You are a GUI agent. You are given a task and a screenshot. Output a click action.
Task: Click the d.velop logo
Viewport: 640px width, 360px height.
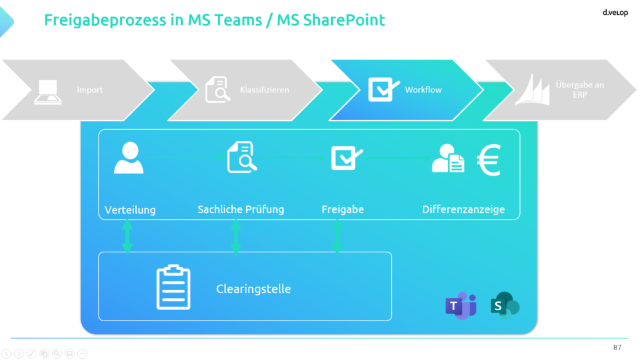click(x=615, y=13)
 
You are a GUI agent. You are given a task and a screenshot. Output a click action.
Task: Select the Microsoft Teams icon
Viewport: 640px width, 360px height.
click(x=461, y=305)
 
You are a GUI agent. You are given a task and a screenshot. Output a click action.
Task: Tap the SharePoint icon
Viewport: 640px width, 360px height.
click(x=505, y=305)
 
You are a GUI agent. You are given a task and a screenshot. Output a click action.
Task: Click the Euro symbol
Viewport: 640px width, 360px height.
click(x=489, y=159)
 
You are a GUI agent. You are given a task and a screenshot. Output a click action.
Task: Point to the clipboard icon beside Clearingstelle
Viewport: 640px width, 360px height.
click(x=174, y=287)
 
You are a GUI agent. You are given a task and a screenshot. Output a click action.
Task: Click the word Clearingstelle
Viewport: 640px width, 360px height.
click(x=254, y=289)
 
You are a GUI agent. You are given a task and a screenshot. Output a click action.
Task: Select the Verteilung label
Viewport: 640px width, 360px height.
click(x=130, y=210)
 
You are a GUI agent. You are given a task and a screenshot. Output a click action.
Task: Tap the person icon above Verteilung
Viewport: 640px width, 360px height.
click(x=129, y=158)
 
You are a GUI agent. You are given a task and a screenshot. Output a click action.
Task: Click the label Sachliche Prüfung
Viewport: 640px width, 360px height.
click(x=241, y=209)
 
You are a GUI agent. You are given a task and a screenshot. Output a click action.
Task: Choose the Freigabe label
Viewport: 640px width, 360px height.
click(x=343, y=209)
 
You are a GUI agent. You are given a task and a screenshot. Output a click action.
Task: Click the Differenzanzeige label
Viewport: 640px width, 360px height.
click(x=463, y=209)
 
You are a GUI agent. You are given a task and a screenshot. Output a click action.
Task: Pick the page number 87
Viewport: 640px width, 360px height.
click(x=617, y=347)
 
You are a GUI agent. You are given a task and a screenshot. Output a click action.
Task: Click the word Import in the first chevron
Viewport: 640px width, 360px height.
click(x=90, y=90)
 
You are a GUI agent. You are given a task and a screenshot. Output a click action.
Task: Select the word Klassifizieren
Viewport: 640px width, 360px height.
click(x=265, y=90)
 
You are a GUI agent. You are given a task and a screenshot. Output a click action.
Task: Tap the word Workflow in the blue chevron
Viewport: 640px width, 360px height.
click(x=423, y=90)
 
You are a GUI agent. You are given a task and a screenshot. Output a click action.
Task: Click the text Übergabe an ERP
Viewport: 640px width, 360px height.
click(x=580, y=90)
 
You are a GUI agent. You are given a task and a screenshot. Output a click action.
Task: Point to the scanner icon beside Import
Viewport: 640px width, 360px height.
click(x=48, y=92)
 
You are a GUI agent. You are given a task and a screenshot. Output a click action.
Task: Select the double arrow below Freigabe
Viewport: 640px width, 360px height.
click(x=337, y=236)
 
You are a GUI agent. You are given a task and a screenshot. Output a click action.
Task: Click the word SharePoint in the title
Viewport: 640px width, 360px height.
click(x=343, y=20)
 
